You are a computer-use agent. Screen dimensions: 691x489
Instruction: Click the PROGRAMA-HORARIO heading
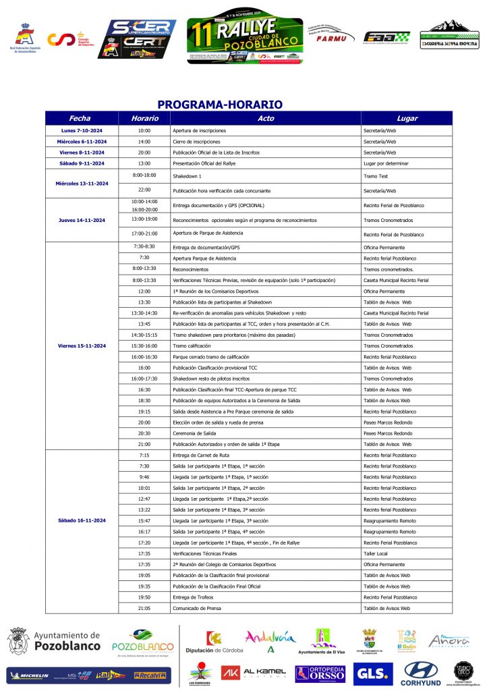point(219,105)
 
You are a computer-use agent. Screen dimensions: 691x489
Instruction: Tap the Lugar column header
point(407,119)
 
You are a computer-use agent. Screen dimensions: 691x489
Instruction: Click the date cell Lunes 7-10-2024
point(82,130)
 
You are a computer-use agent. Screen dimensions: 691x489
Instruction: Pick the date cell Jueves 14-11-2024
point(82,220)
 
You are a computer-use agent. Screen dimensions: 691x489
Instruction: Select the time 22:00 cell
point(144,190)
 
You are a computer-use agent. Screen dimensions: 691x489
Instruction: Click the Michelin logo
point(29,675)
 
